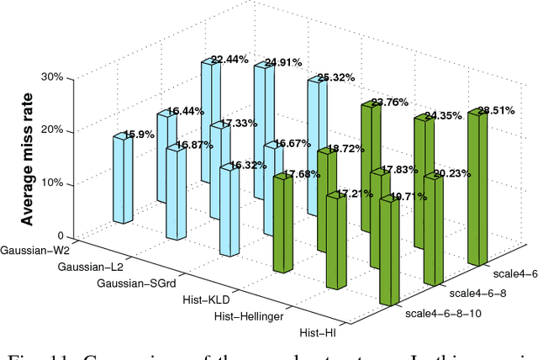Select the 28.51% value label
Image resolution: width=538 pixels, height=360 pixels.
pos(496,110)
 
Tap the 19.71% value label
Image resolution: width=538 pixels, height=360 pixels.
pos(408,197)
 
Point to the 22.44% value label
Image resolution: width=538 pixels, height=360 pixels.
pos(229,60)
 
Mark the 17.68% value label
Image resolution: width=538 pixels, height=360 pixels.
pos(300,175)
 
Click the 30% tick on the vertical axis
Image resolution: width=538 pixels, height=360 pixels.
pos(52,77)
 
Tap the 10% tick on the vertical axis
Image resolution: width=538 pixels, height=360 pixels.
pos(52,183)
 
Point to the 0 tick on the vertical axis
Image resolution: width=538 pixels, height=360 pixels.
pos(59,236)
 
